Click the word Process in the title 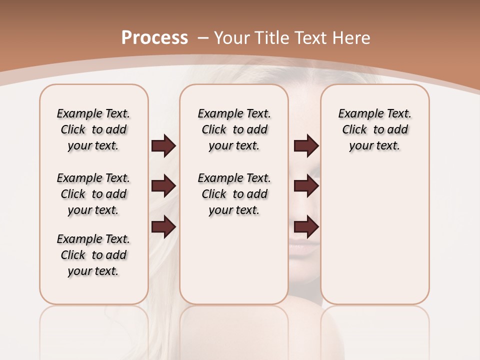click(x=154, y=38)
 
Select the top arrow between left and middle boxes click(x=163, y=146)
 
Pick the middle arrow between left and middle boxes click(x=163, y=186)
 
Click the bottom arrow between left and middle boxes click(x=163, y=227)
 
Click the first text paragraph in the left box click(x=93, y=129)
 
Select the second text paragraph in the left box click(x=93, y=194)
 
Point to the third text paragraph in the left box click(x=93, y=255)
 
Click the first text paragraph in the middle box click(x=234, y=129)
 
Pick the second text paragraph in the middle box click(x=234, y=194)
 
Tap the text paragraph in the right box click(x=374, y=129)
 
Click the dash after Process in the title click(x=203, y=38)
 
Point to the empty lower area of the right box click(x=374, y=240)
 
